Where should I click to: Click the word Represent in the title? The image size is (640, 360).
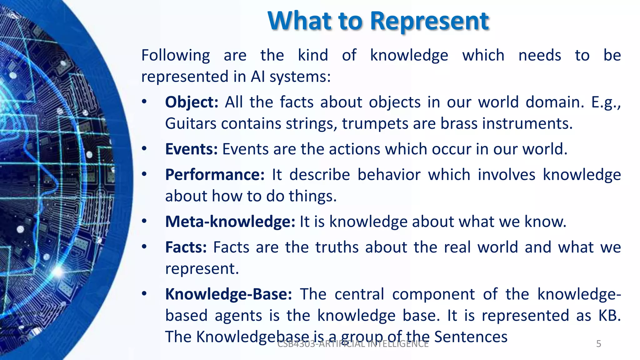coord(430,21)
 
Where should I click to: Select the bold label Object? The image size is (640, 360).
coord(192,102)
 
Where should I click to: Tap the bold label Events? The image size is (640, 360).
coord(191,149)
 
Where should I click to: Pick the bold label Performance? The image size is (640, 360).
coord(215,175)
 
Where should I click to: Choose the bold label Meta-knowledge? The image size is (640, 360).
coord(230,222)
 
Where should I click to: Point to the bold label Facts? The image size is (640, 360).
coord(186,247)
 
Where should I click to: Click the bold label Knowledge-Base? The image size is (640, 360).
coord(228,294)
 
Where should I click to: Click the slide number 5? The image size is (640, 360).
coord(599,344)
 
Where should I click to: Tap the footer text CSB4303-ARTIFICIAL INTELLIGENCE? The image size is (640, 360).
coord(353,344)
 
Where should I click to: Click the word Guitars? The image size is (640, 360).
coord(191,124)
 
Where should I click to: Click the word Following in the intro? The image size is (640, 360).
coord(176,56)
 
